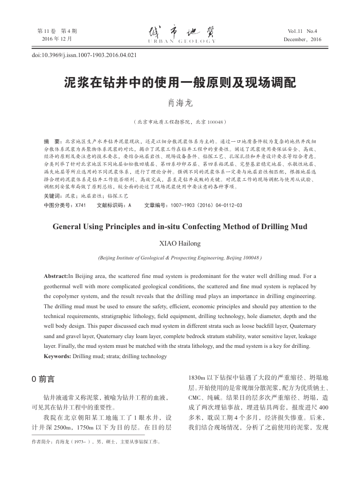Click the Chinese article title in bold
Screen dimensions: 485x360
180,83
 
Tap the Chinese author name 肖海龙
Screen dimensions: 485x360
180,104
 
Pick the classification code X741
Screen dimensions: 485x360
80,204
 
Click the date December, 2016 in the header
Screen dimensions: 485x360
302,39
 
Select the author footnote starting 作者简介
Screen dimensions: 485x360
96,440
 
